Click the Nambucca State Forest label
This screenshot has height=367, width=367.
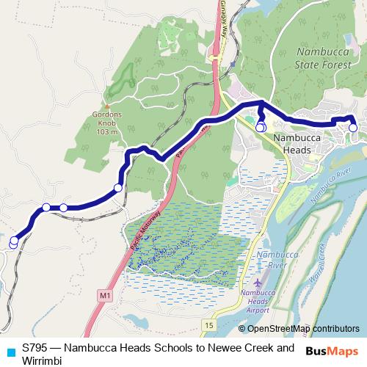pos(325,59)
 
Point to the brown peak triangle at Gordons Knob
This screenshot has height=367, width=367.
pos(107,104)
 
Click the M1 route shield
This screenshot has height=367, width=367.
pos(103,295)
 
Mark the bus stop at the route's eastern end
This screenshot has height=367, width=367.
pos(353,128)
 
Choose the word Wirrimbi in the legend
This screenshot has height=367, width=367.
pos(44,360)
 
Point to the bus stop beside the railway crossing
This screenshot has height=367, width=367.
pos(118,189)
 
